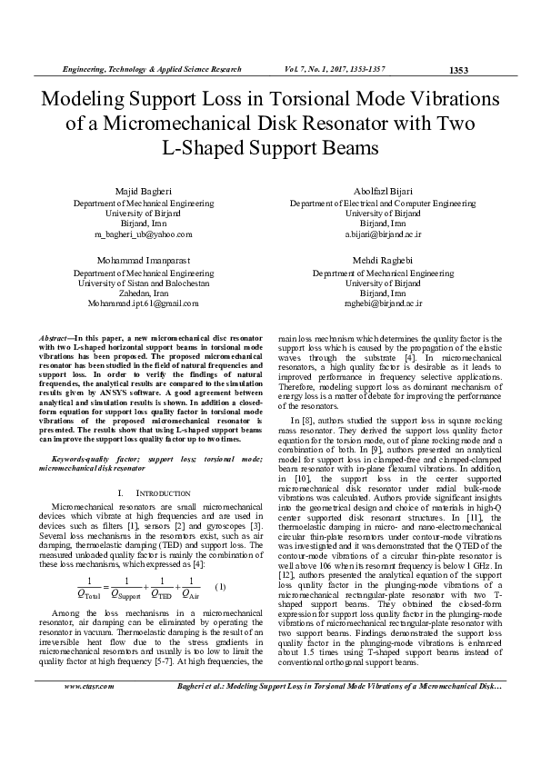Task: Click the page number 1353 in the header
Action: (x=459, y=70)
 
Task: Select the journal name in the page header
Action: (x=151, y=69)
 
